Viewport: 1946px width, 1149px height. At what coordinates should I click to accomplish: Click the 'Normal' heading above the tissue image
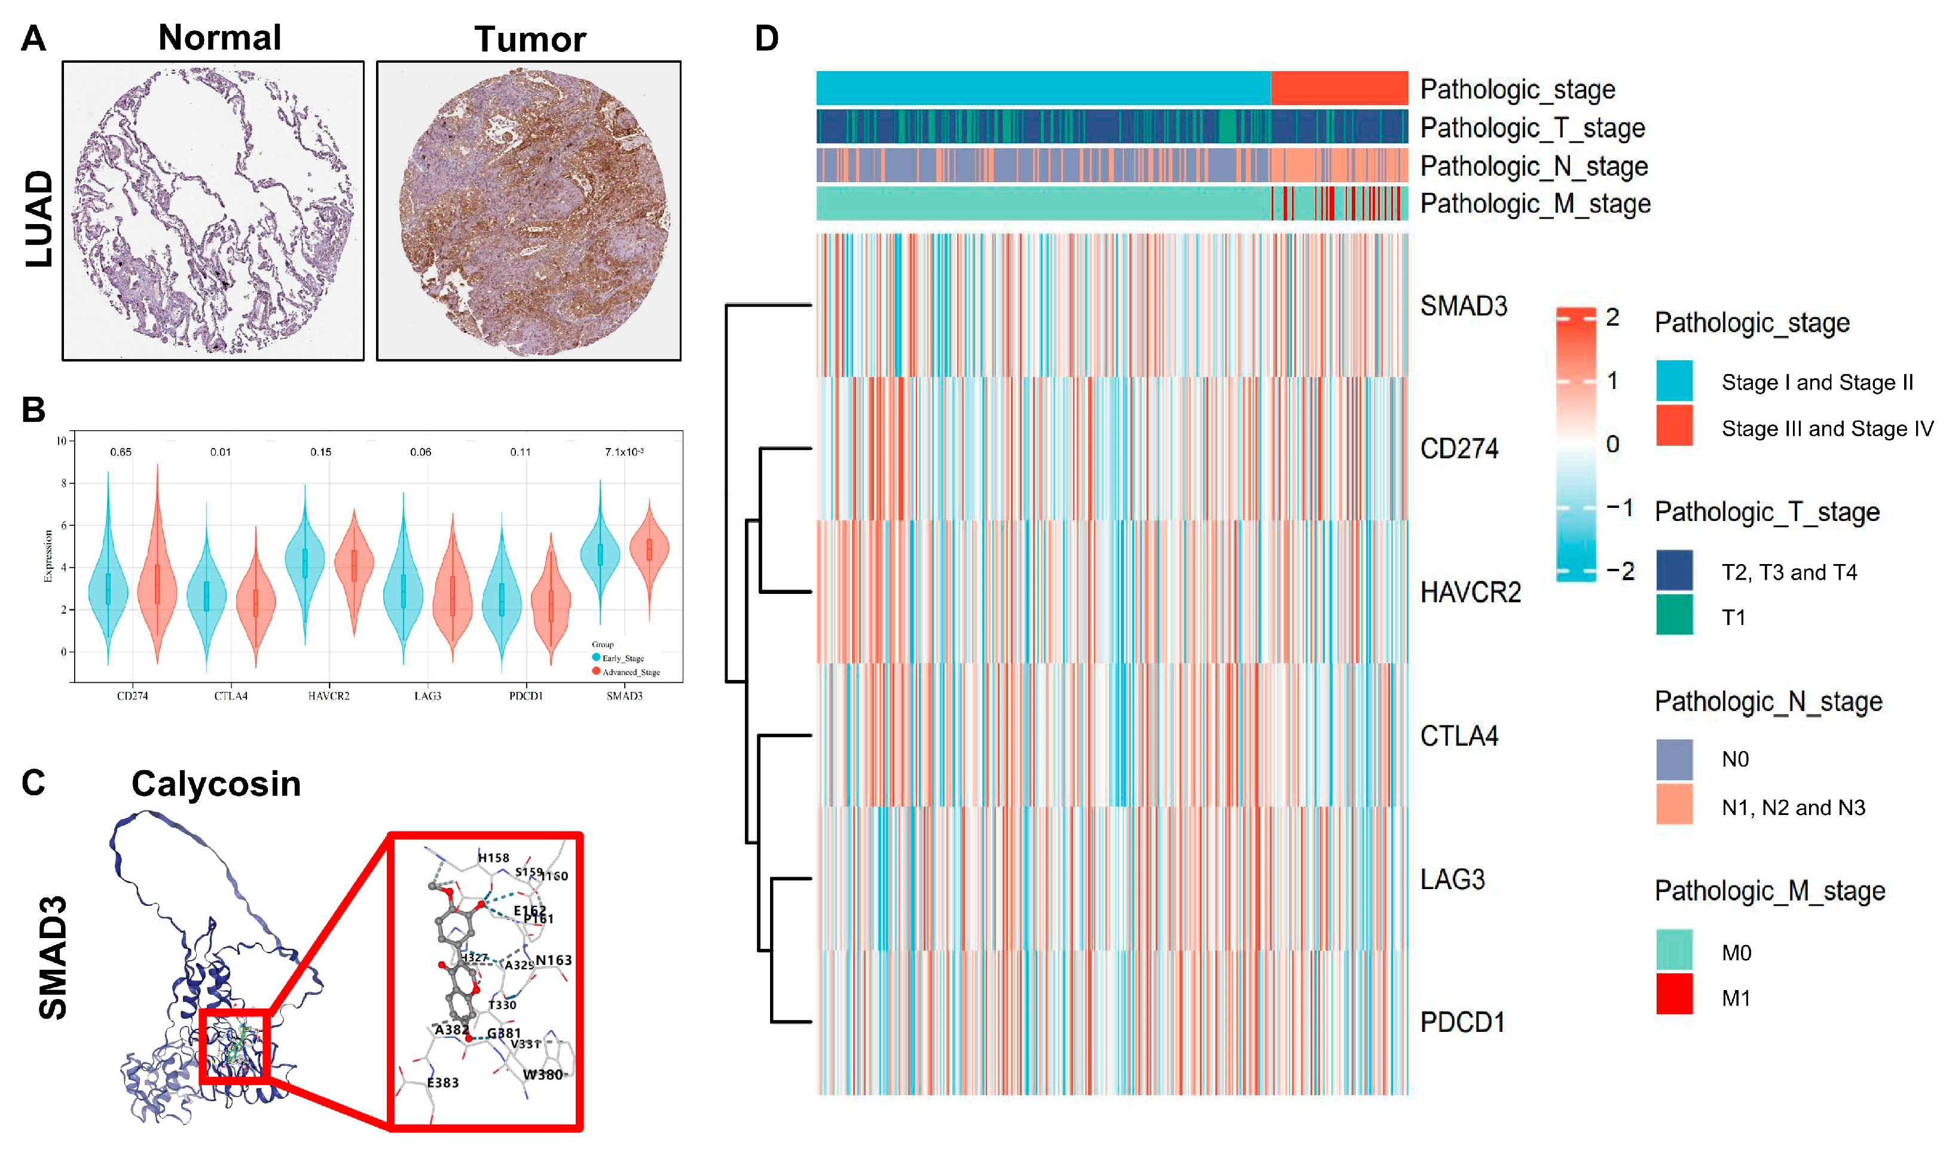click(x=219, y=37)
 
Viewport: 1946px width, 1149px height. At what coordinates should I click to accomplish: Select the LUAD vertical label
click(x=39, y=219)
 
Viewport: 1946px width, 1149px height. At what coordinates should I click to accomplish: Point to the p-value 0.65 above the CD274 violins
click(x=121, y=452)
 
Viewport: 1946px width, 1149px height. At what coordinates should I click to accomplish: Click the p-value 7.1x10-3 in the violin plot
click(x=624, y=452)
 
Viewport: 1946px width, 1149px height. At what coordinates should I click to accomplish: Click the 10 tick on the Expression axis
click(x=61, y=442)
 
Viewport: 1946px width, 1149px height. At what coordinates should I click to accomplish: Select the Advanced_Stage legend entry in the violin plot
click(x=630, y=672)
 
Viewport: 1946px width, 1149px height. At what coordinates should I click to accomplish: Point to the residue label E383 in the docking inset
click(x=442, y=1083)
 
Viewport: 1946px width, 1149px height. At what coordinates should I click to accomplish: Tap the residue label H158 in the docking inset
click(x=493, y=858)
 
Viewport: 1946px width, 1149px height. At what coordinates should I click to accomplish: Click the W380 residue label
click(x=542, y=1075)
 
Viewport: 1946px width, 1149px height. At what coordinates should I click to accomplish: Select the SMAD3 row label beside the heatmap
click(x=1464, y=306)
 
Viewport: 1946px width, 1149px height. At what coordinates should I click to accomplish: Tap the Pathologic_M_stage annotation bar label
click(x=1535, y=204)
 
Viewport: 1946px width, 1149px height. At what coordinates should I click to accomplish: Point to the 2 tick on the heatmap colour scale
click(x=1612, y=317)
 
